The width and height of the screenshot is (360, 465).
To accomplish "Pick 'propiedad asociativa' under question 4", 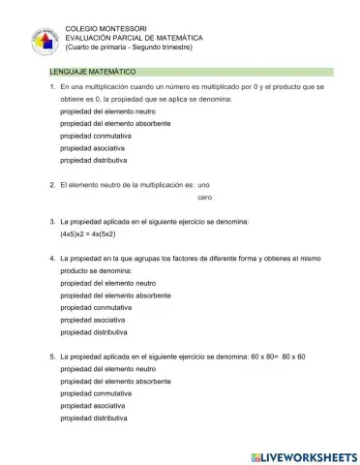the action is [92, 319].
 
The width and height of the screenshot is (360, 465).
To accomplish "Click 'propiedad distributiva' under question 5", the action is [94, 418].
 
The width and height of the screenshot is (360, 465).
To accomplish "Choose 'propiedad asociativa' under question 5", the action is [92, 407].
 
